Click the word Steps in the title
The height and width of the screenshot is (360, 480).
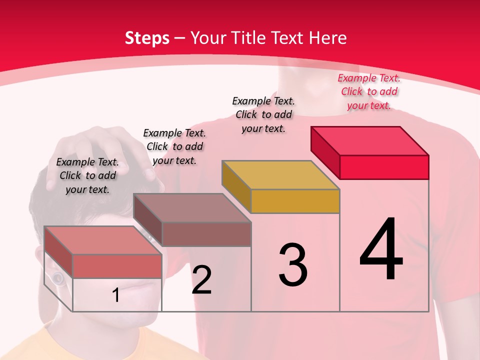point(147,38)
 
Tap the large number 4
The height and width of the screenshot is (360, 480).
point(381,250)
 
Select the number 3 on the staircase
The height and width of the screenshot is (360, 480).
point(293,265)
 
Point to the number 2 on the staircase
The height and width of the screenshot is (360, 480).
point(201,280)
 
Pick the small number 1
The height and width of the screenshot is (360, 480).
point(116,295)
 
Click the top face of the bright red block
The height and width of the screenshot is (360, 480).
point(370,140)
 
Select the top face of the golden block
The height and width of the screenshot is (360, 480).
point(281,174)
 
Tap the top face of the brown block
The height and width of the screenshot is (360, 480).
point(192,207)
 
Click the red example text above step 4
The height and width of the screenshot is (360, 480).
point(369,91)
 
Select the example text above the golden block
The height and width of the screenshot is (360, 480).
point(263,114)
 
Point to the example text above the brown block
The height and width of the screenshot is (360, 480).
point(174,146)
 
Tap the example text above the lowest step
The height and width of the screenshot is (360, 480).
point(87,175)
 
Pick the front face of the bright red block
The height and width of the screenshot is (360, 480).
point(384,167)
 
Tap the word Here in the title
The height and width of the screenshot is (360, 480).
point(329,38)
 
